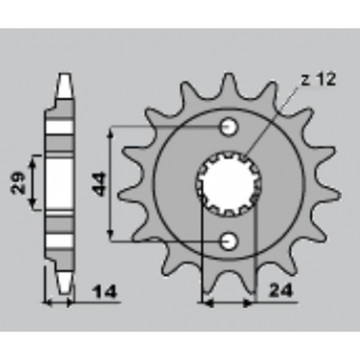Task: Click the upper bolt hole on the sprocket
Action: (x=229, y=127)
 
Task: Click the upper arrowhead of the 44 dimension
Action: (x=115, y=130)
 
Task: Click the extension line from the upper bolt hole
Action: (x=169, y=126)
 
